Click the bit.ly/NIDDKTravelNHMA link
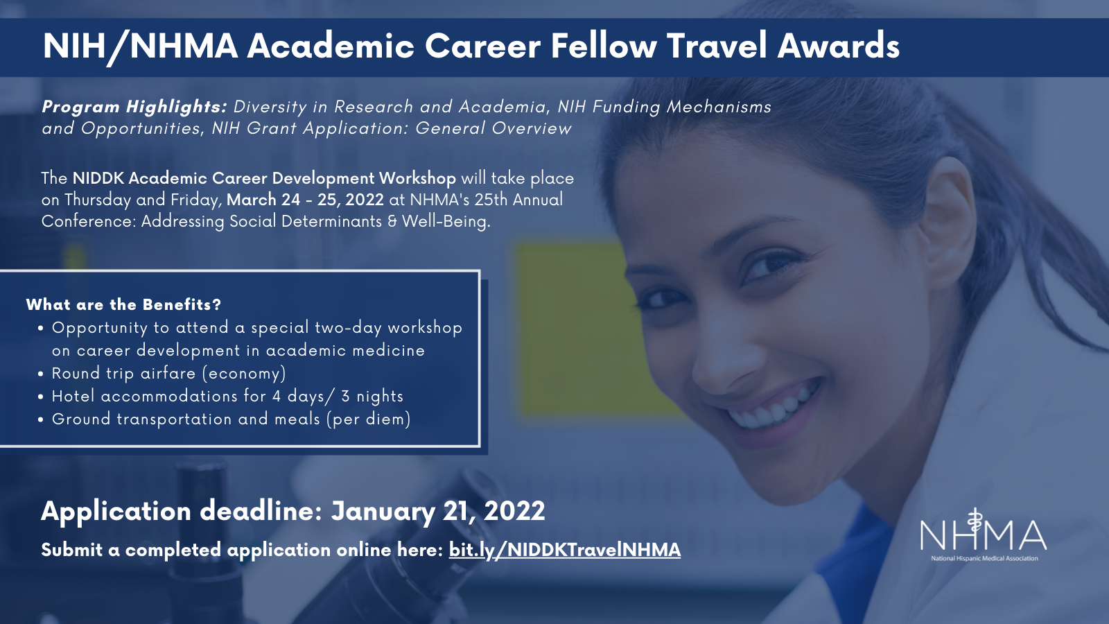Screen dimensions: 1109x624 pos(564,551)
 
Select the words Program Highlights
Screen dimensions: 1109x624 pos(134,107)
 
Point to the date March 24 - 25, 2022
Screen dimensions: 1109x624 pos(305,200)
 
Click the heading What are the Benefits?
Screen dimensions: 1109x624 pos(123,304)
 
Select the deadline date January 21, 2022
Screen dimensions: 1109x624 pos(438,510)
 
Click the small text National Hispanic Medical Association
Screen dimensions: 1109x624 pos(984,558)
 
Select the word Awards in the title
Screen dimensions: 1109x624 pos(838,46)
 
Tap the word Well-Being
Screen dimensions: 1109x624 pos(446,221)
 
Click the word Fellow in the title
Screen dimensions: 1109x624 pos(604,46)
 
